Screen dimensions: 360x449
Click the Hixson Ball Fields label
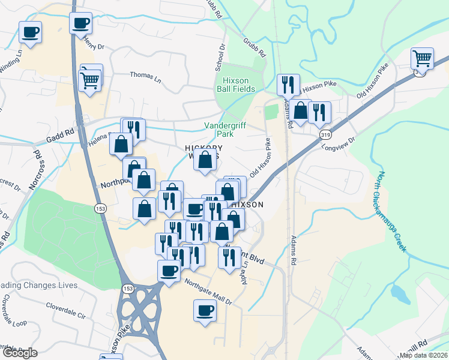(235, 85)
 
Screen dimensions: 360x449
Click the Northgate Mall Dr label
(207, 292)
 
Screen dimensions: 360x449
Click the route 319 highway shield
(325, 133)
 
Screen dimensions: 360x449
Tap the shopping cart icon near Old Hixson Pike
(422, 59)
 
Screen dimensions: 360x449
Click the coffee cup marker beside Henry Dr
(81, 24)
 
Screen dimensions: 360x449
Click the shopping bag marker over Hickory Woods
(205, 160)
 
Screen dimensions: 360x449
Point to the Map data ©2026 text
(424, 355)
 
